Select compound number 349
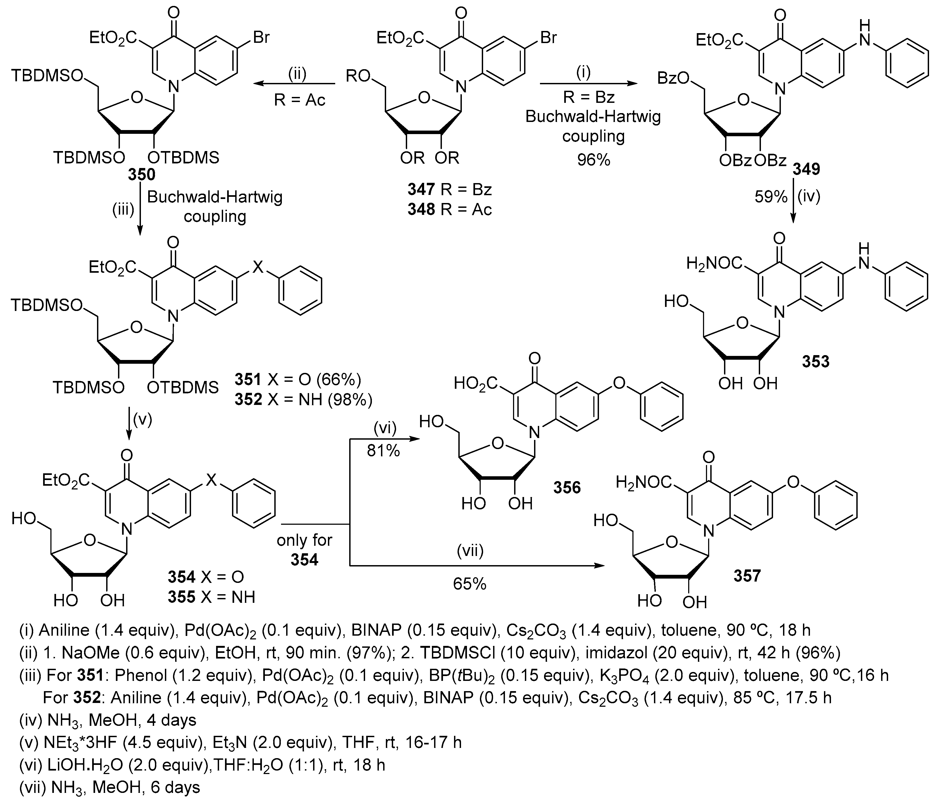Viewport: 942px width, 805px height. (806, 169)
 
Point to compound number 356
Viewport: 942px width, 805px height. (567, 488)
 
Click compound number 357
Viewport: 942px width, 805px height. (747, 576)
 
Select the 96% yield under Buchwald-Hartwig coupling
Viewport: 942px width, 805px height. (593, 160)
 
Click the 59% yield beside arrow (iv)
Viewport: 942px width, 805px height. (771, 197)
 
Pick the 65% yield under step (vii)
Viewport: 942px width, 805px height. (470, 584)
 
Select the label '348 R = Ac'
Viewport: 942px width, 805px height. (449, 209)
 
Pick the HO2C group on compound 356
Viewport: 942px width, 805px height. (476, 384)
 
